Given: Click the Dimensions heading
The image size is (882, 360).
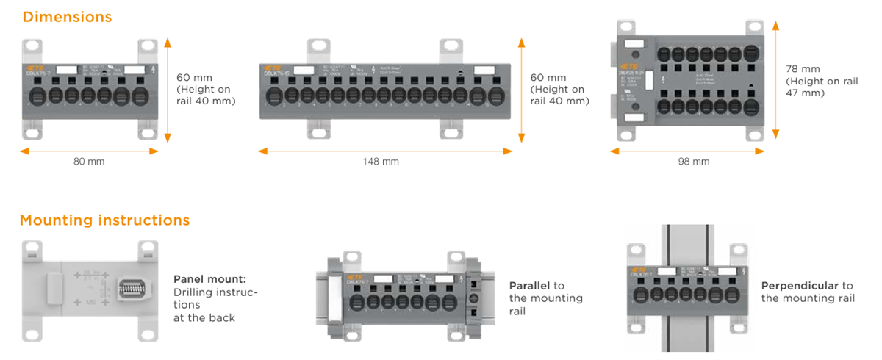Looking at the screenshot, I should point(67,16).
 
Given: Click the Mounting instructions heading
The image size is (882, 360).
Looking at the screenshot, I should point(104,220).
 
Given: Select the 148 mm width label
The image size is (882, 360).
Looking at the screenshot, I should point(381,161).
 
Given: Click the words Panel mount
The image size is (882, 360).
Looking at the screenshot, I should point(209,279).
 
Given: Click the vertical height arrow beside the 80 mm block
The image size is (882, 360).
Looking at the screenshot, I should point(168,88).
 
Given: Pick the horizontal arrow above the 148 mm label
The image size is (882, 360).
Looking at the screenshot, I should point(385,151).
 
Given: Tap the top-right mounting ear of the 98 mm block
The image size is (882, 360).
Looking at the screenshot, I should point(754,28).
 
